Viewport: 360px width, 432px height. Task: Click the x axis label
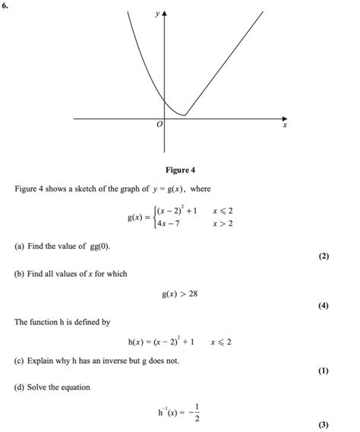pyautogui.click(x=285, y=127)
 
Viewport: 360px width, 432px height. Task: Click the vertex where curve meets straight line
pyautogui.click(x=185, y=116)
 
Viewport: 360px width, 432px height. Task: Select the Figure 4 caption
pyautogui.click(x=180, y=169)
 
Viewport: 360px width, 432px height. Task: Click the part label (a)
pyautogui.click(x=19, y=248)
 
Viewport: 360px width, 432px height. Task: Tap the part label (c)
pyautogui.click(x=19, y=361)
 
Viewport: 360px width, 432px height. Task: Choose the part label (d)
pyautogui.click(x=19, y=387)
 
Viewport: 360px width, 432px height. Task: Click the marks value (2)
pyautogui.click(x=324, y=257)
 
